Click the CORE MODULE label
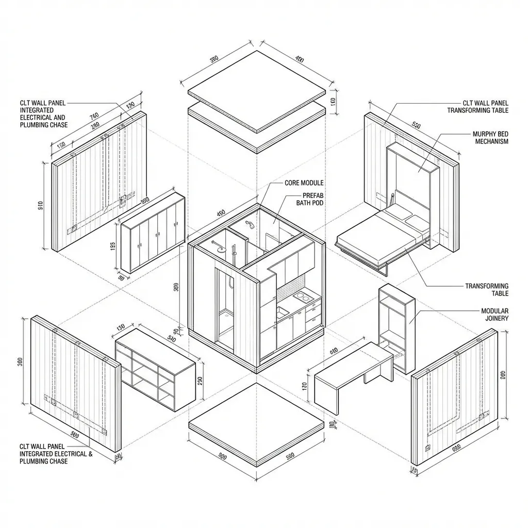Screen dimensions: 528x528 (x=304, y=183)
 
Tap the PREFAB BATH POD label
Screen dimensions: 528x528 (x=309, y=200)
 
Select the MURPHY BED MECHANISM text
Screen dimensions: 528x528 (x=491, y=138)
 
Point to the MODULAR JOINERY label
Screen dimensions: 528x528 (x=494, y=315)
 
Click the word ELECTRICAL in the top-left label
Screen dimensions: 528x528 (x=36, y=118)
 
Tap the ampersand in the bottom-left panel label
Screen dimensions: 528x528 (x=90, y=454)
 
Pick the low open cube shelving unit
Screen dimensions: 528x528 (x=155, y=369)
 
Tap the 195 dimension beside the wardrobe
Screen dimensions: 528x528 (x=113, y=246)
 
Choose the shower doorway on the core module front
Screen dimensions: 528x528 (x=225, y=309)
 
